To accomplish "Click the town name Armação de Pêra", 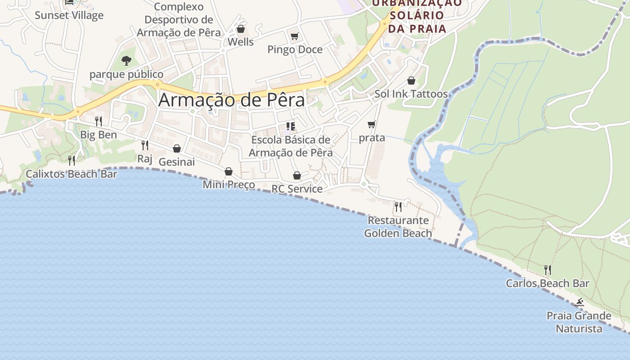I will pyautogui.click(x=231, y=99).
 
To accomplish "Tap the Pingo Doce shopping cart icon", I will pyautogui.click(x=294, y=36).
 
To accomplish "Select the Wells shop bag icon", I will pyautogui.click(x=241, y=29).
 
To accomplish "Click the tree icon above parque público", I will pyautogui.click(x=126, y=60).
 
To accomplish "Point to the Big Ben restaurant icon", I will pyautogui.click(x=98, y=121).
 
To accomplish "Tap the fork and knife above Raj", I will pyautogui.click(x=144, y=145).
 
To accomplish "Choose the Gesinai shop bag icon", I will pyautogui.click(x=177, y=148).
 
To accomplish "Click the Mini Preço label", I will pyautogui.click(x=229, y=184).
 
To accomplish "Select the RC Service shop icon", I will pyautogui.click(x=297, y=175).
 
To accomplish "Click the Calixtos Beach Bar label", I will pyautogui.click(x=72, y=174).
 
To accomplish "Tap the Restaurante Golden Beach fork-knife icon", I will pyautogui.click(x=398, y=207).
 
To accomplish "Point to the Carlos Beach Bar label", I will pyautogui.click(x=547, y=283).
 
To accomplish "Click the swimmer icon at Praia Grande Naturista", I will pyautogui.click(x=579, y=302).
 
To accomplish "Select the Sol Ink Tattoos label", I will pyautogui.click(x=411, y=94).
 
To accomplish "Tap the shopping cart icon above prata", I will pyautogui.click(x=371, y=125).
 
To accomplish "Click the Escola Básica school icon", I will pyautogui.click(x=291, y=126).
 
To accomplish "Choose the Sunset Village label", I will pyautogui.click(x=69, y=15).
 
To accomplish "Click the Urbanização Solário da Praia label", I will pyautogui.click(x=417, y=16).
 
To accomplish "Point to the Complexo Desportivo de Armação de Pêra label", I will pyautogui.click(x=179, y=20).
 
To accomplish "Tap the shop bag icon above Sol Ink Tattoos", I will pyautogui.click(x=411, y=81).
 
